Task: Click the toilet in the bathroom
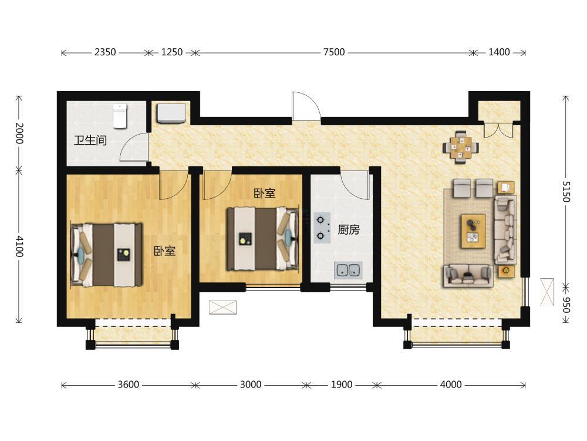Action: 120,116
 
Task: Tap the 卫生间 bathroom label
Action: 90,141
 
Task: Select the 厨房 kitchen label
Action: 349,229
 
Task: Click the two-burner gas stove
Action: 322,228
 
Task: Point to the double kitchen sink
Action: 348,270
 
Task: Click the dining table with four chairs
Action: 461,147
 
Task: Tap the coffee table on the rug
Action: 473,231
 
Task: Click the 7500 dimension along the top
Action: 334,52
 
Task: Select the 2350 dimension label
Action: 105,52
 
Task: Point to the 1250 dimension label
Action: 172,52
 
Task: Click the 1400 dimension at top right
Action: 499,52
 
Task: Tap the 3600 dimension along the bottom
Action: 129,385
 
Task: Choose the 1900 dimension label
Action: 342,385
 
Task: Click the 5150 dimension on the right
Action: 566,192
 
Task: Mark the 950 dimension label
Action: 566,305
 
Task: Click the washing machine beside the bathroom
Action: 171,113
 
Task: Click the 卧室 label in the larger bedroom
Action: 165,251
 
